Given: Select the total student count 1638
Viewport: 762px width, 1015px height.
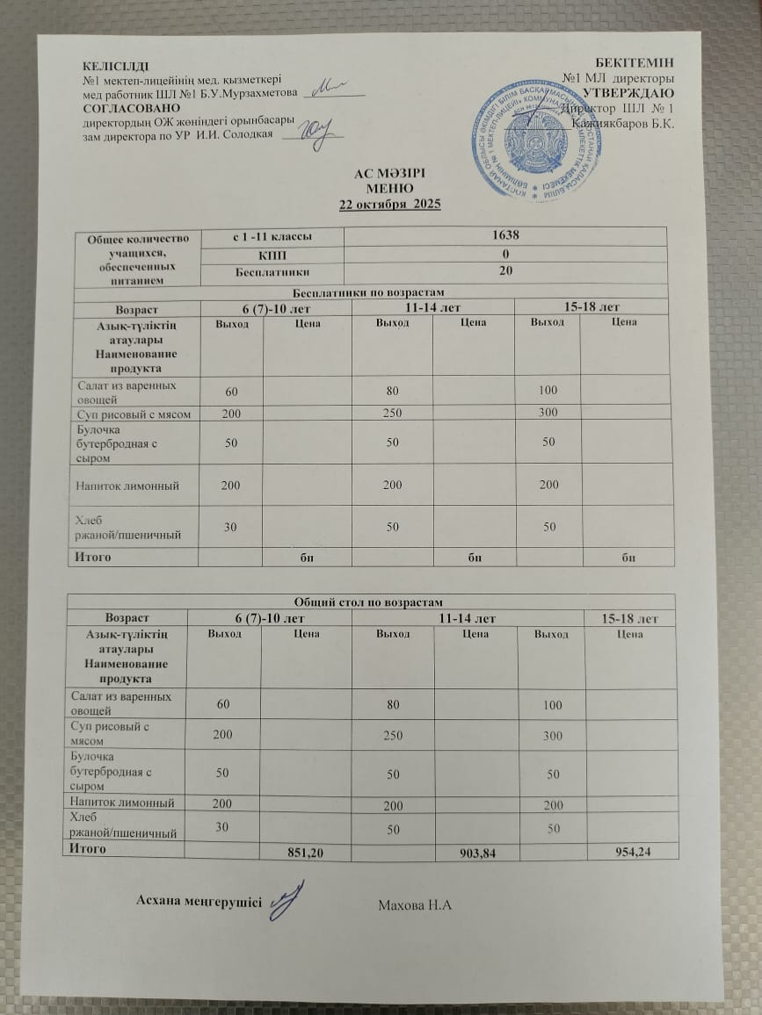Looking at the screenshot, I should [506, 236].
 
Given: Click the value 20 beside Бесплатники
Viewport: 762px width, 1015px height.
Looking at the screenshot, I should [506, 271].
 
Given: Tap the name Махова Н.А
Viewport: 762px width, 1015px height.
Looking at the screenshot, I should [414, 904].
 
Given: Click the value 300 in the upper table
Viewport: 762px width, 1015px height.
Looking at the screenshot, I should [548, 413].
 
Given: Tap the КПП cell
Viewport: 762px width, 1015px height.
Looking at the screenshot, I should [271, 255].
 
